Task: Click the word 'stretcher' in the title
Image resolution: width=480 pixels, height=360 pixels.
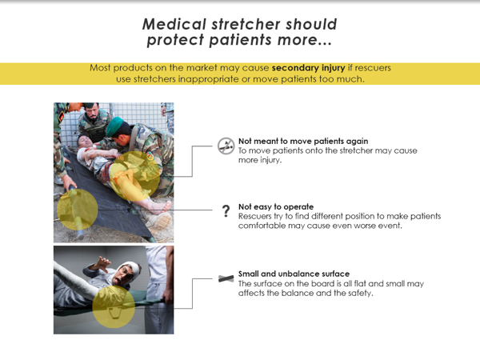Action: click(234, 25)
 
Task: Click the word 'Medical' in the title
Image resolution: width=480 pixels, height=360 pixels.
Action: click(169, 25)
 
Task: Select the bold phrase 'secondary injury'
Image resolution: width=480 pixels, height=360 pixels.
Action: click(308, 68)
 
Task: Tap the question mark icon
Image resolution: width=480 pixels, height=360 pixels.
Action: click(226, 211)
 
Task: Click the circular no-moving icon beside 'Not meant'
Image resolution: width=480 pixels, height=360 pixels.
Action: click(226, 145)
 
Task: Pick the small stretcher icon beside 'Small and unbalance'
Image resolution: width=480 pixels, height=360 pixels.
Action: click(226, 278)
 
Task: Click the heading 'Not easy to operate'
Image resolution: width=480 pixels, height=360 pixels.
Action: click(276, 206)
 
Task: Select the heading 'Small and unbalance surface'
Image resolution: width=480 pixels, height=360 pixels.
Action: click(294, 274)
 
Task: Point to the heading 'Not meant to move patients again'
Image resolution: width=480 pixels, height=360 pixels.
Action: click(303, 141)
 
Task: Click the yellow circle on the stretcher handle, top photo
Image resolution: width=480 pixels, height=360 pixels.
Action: click(77, 210)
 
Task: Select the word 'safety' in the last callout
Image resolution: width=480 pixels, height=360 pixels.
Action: click(357, 293)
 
